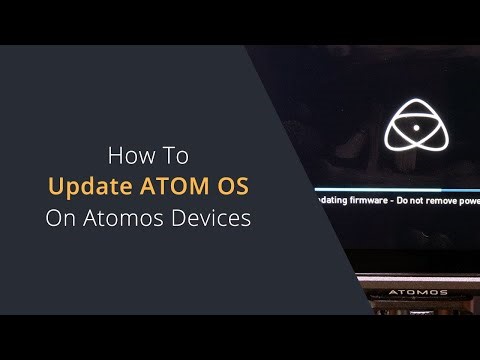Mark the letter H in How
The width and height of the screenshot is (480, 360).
tap(115, 156)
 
